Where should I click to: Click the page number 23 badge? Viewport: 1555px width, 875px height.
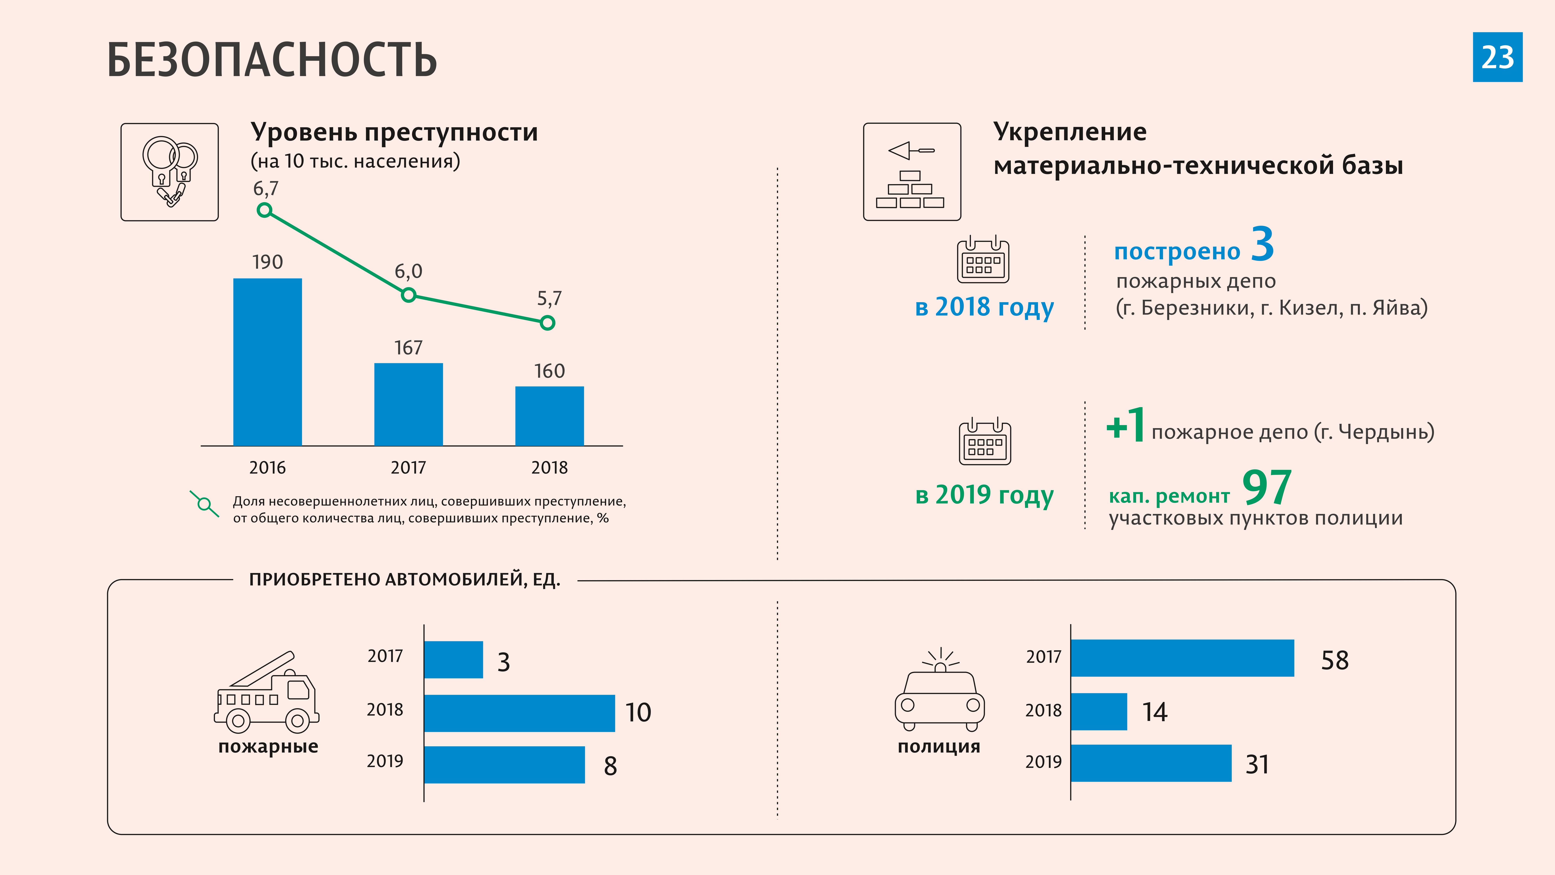[x=1497, y=57]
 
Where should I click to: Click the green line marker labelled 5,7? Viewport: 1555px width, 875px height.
[x=548, y=323]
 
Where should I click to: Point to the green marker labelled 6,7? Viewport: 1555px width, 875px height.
[x=264, y=210]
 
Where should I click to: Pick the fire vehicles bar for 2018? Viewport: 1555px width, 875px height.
[x=519, y=713]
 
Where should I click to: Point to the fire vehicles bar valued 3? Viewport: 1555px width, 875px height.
[x=453, y=659]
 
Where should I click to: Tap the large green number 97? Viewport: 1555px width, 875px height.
[x=1267, y=488]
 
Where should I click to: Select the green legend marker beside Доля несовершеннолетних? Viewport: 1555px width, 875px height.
[x=205, y=504]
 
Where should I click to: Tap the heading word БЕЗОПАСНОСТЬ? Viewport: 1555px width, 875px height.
[x=272, y=60]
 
